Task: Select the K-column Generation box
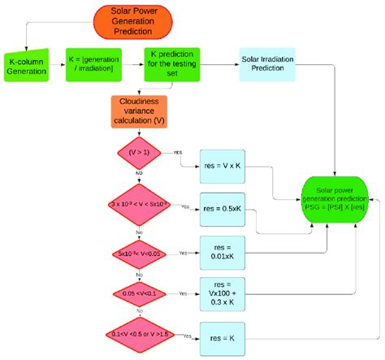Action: (x=28, y=65)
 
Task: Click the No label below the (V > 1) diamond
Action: (x=141, y=172)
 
